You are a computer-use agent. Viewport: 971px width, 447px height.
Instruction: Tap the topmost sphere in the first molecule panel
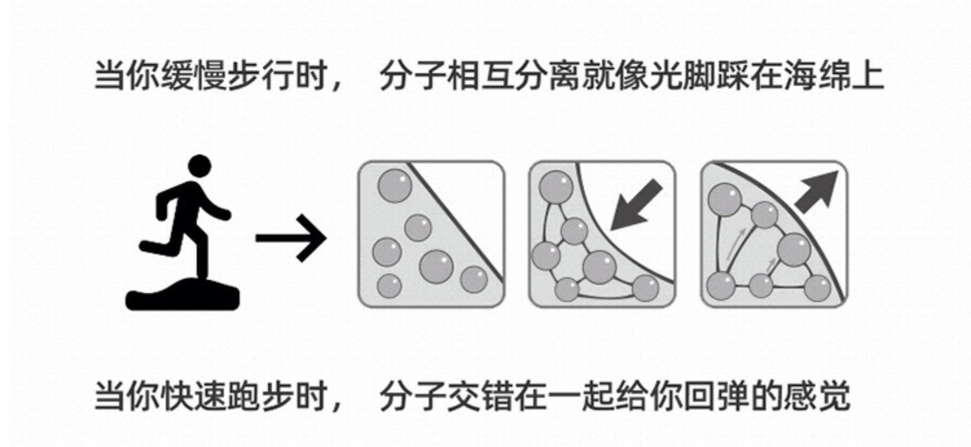tap(394, 187)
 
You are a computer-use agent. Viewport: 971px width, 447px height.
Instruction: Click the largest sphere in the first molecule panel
tap(437, 266)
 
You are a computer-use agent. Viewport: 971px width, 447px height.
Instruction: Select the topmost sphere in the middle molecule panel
tap(556, 187)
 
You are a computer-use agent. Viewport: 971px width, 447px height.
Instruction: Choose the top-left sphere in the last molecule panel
tap(725, 200)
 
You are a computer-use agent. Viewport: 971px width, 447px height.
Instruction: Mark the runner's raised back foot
tap(148, 246)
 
